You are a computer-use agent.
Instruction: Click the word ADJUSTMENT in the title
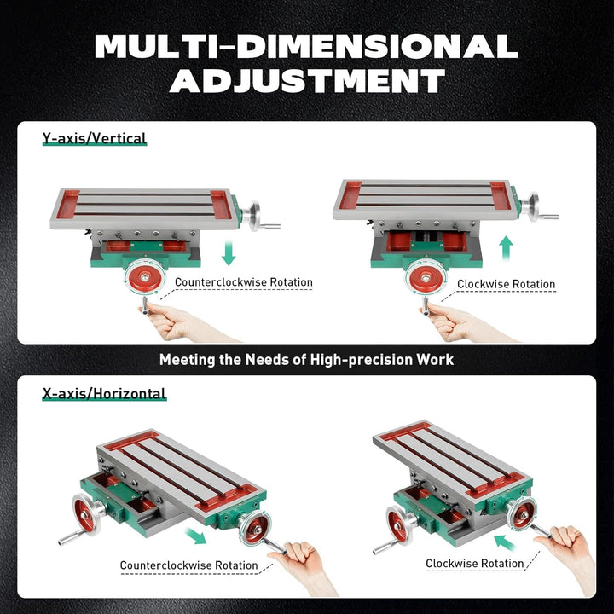(x=307, y=80)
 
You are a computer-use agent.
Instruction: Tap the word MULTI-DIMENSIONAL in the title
(x=307, y=45)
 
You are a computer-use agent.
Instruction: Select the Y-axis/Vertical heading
(x=95, y=138)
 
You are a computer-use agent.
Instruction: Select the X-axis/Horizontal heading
(x=104, y=394)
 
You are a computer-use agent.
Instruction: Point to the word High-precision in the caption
(x=343, y=360)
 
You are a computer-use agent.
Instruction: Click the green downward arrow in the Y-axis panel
(x=228, y=252)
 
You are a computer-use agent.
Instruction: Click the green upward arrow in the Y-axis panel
(x=506, y=249)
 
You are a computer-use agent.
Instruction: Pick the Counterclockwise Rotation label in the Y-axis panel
(x=244, y=282)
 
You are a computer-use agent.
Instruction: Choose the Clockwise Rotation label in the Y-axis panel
(x=506, y=284)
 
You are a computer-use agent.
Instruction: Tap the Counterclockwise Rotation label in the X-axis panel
(x=188, y=565)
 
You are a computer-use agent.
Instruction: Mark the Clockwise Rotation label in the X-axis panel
(x=475, y=563)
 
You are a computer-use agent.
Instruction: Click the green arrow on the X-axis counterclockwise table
(x=197, y=535)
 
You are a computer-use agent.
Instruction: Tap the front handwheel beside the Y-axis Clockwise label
(x=424, y=277)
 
